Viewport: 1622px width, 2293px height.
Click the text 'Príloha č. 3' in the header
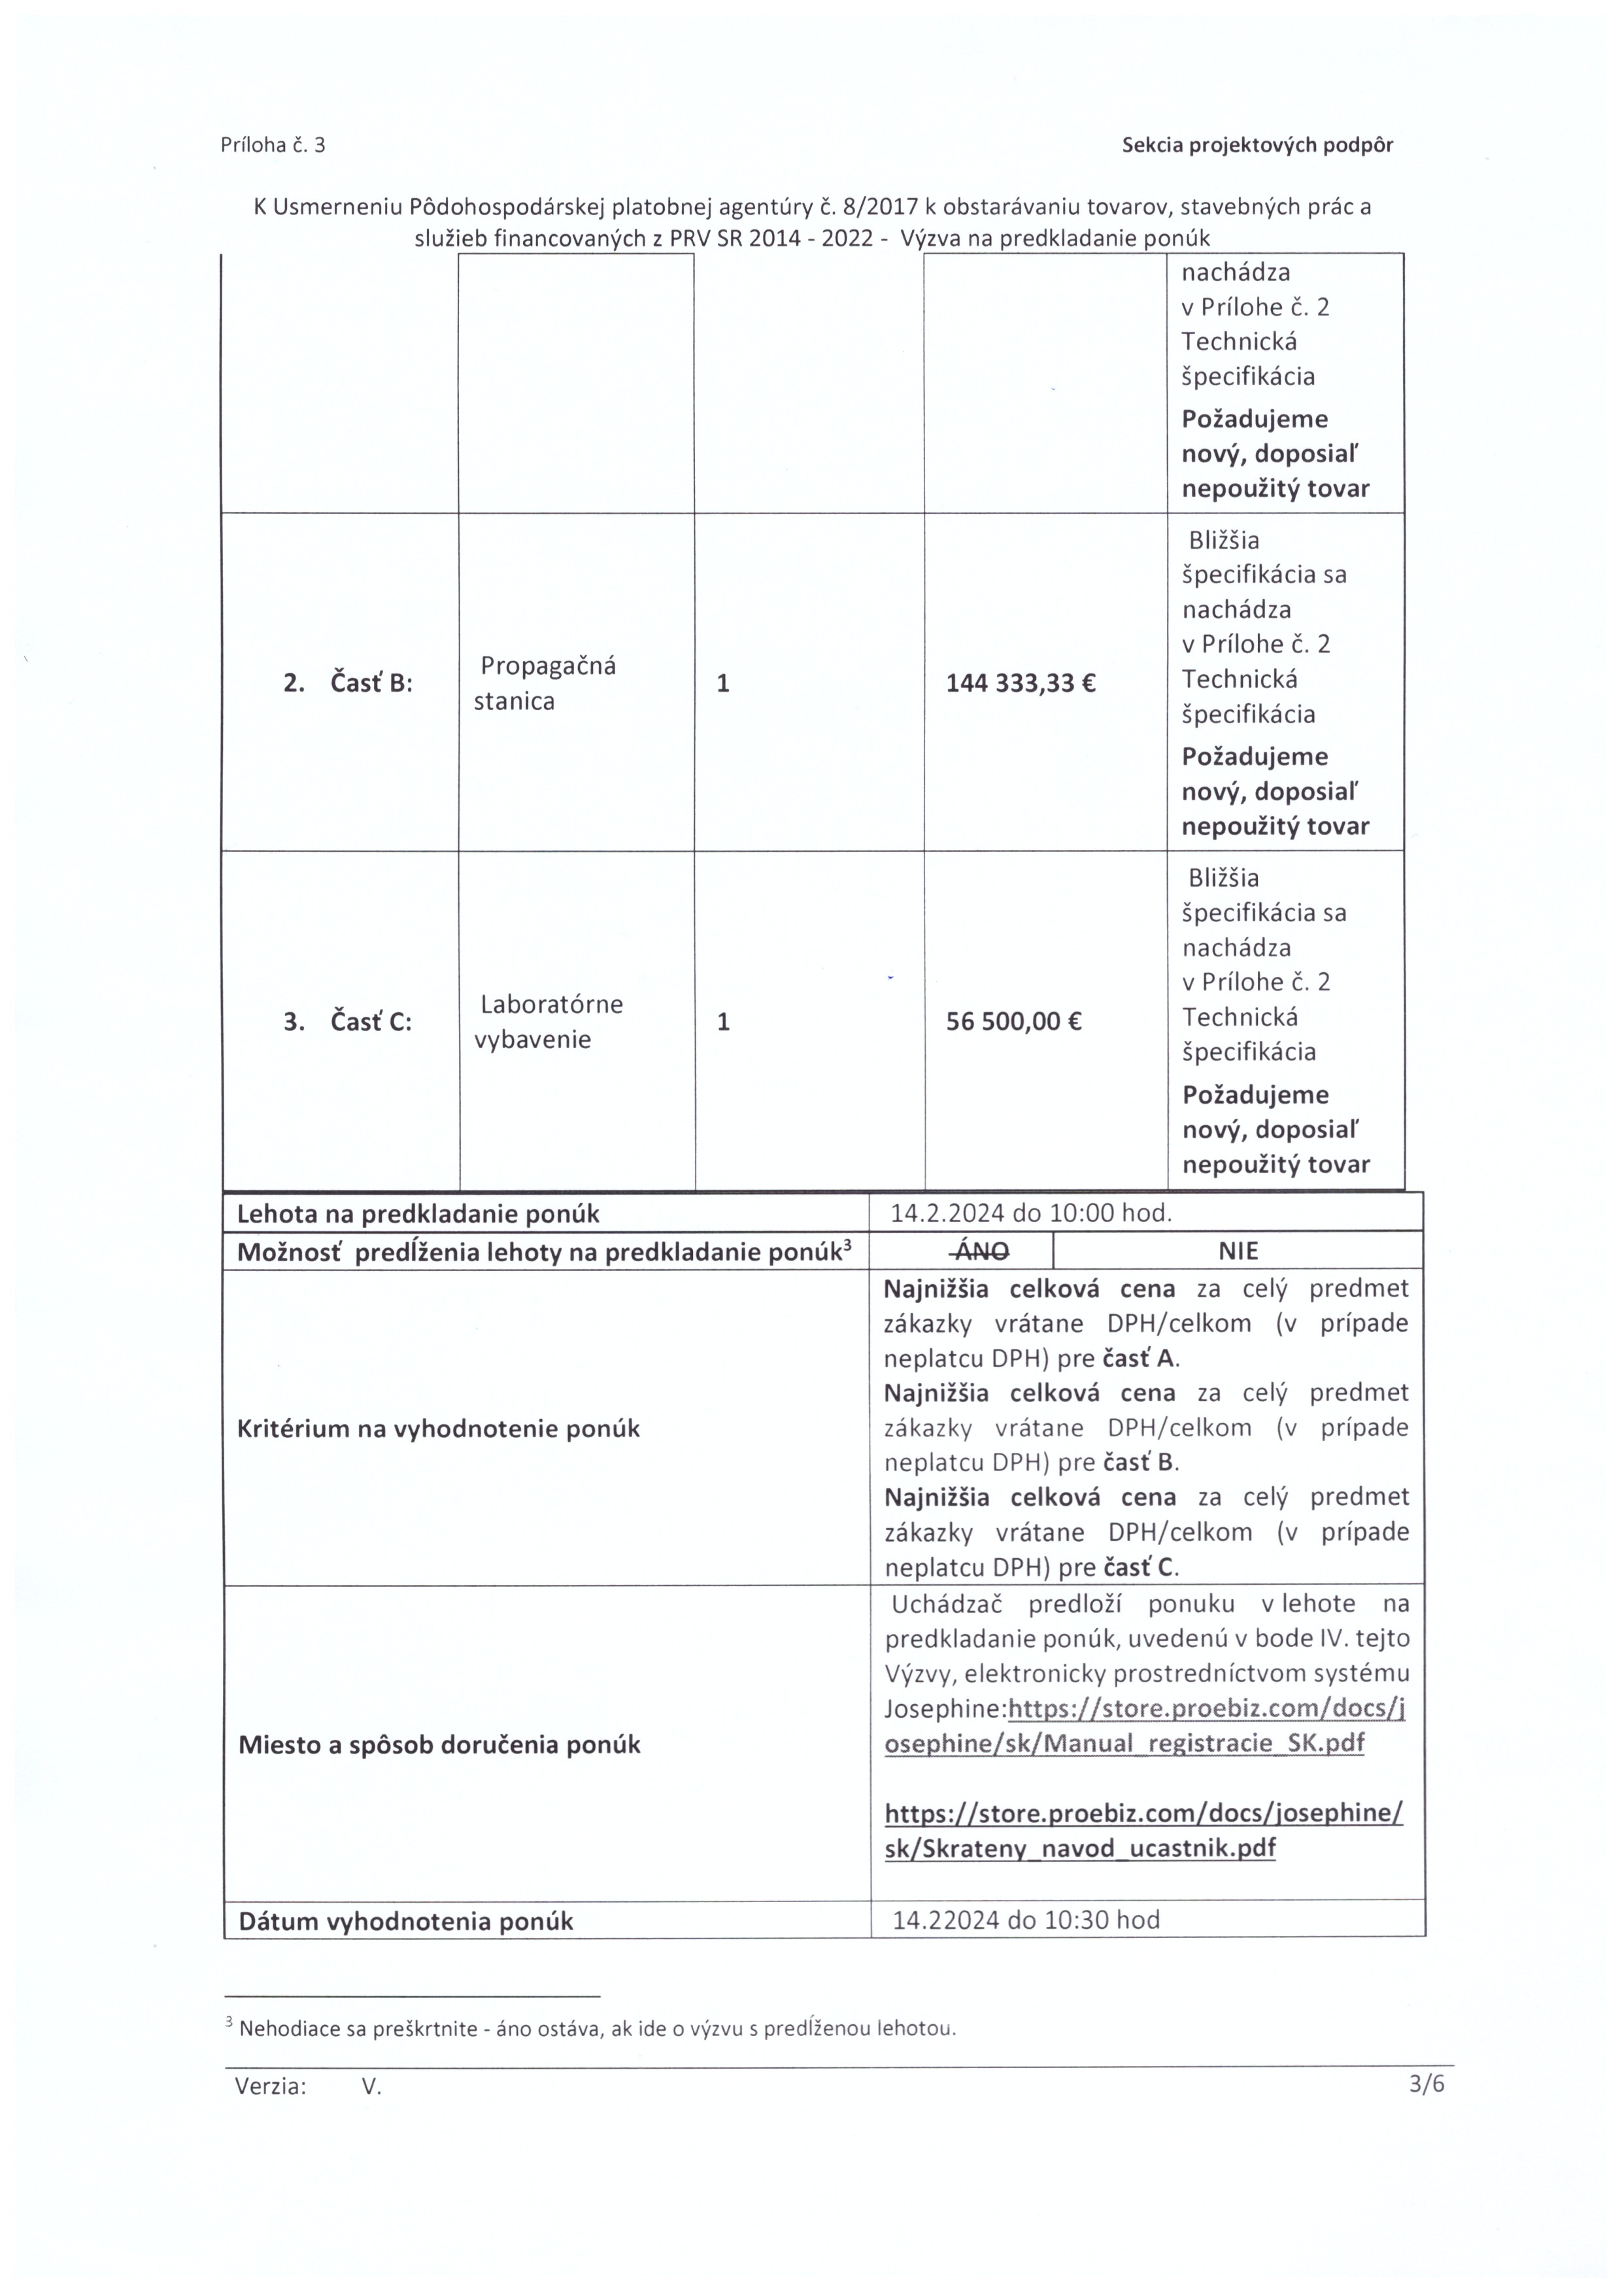pyautogui.click(x=273, y=144)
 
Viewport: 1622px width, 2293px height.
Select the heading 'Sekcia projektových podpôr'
pyautogui.click(x=1257, y=144)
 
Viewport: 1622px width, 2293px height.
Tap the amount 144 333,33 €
pyautogui.click(x=1020, y=683)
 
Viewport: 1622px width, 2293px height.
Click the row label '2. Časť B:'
pyautogui.click(x=348, y=683)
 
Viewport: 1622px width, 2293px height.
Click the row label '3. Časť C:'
pyautogui.click(x=348, y=1022)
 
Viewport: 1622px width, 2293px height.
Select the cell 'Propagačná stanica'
pyautogui.click(x=545, y=683)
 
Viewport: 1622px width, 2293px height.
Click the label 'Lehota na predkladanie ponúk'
pyautogui.click(x=418, y=1214)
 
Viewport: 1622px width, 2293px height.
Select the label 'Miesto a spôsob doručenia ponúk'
pyautogui.click(x=439, y=1744)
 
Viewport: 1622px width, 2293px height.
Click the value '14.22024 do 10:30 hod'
pyautogui.click(x=1026, y=1920)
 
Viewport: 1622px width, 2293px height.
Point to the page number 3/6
pyautogui.click(x=1427, y=2084)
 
